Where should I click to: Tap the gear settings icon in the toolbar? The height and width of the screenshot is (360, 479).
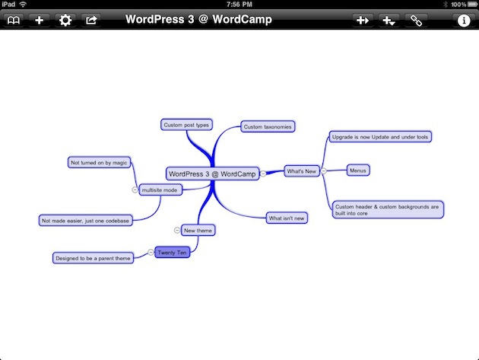65,21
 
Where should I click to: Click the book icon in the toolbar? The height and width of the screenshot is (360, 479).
14,21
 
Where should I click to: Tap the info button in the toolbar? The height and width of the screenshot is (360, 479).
464,21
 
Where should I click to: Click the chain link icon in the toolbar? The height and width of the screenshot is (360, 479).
416,21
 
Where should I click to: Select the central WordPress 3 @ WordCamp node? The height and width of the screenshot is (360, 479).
212,174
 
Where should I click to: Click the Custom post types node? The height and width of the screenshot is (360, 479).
186,125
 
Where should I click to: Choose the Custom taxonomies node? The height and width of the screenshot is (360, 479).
268,126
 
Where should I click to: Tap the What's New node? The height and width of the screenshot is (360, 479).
302,171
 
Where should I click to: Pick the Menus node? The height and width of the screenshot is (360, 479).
358,170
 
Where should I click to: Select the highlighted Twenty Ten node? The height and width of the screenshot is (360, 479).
172,253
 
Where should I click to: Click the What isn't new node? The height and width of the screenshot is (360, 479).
287,218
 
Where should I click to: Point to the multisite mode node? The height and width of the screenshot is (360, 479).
160,190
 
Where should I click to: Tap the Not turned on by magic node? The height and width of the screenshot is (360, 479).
99,162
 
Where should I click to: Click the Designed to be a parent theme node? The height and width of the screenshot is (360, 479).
93,258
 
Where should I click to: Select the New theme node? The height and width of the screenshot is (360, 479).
198,231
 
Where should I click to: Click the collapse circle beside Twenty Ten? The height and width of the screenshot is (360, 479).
151,252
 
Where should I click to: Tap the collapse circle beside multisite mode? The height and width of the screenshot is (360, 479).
135,190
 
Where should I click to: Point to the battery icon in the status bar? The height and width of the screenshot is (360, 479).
472,5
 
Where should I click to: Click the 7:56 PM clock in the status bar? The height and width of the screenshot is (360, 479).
239,5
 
